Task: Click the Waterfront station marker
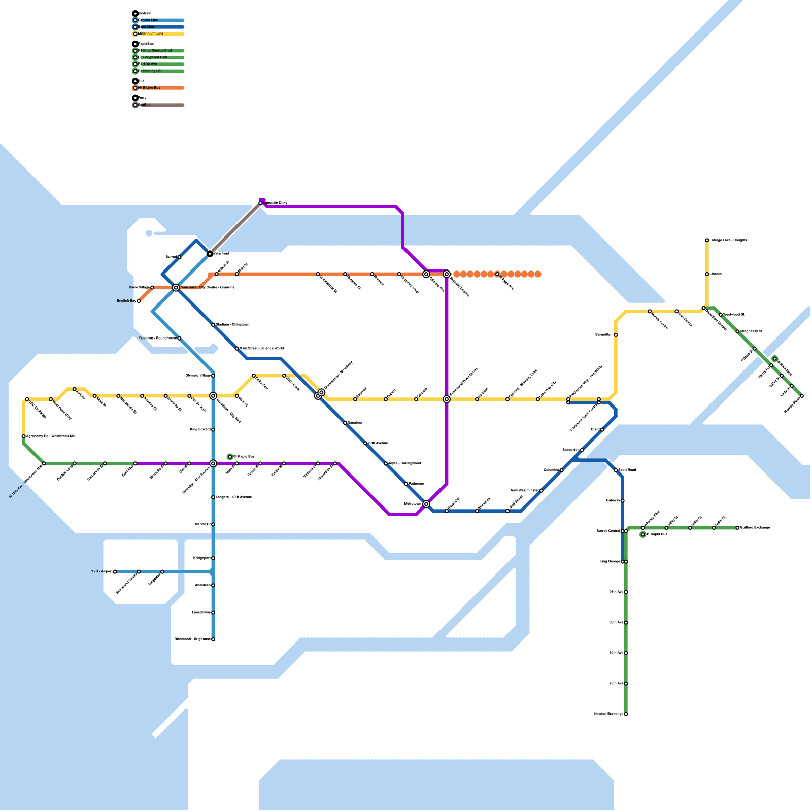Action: pyautogui.click(x=210, y=253)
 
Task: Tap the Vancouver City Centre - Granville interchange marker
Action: pyautogui.click(x=176, y=288)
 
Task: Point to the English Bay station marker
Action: pyautogui.click(x=139, y=301)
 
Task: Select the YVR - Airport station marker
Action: pyautogui.click(x=115, y=572)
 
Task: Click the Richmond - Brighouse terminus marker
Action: pyautogui.click(x=213, y=639)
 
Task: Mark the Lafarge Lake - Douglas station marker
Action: pyautogui.click(x=707, y=240)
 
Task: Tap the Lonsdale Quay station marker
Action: pyautogui.click(x=260, y=203)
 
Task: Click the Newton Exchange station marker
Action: pyautogui.click(x=626, y=714)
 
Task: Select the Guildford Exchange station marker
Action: pyautogui.click(x=737, y=528)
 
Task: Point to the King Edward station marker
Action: pyautogui.click(x=213, y=430)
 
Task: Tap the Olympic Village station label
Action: pyautogui.click(x=198, y=376)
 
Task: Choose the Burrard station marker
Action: pyautogui.click(x=179, y=257)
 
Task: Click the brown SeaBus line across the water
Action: pyautogui.click(x=236, y=227)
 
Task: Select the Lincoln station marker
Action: pyautogui.click(x=707, y=274)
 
